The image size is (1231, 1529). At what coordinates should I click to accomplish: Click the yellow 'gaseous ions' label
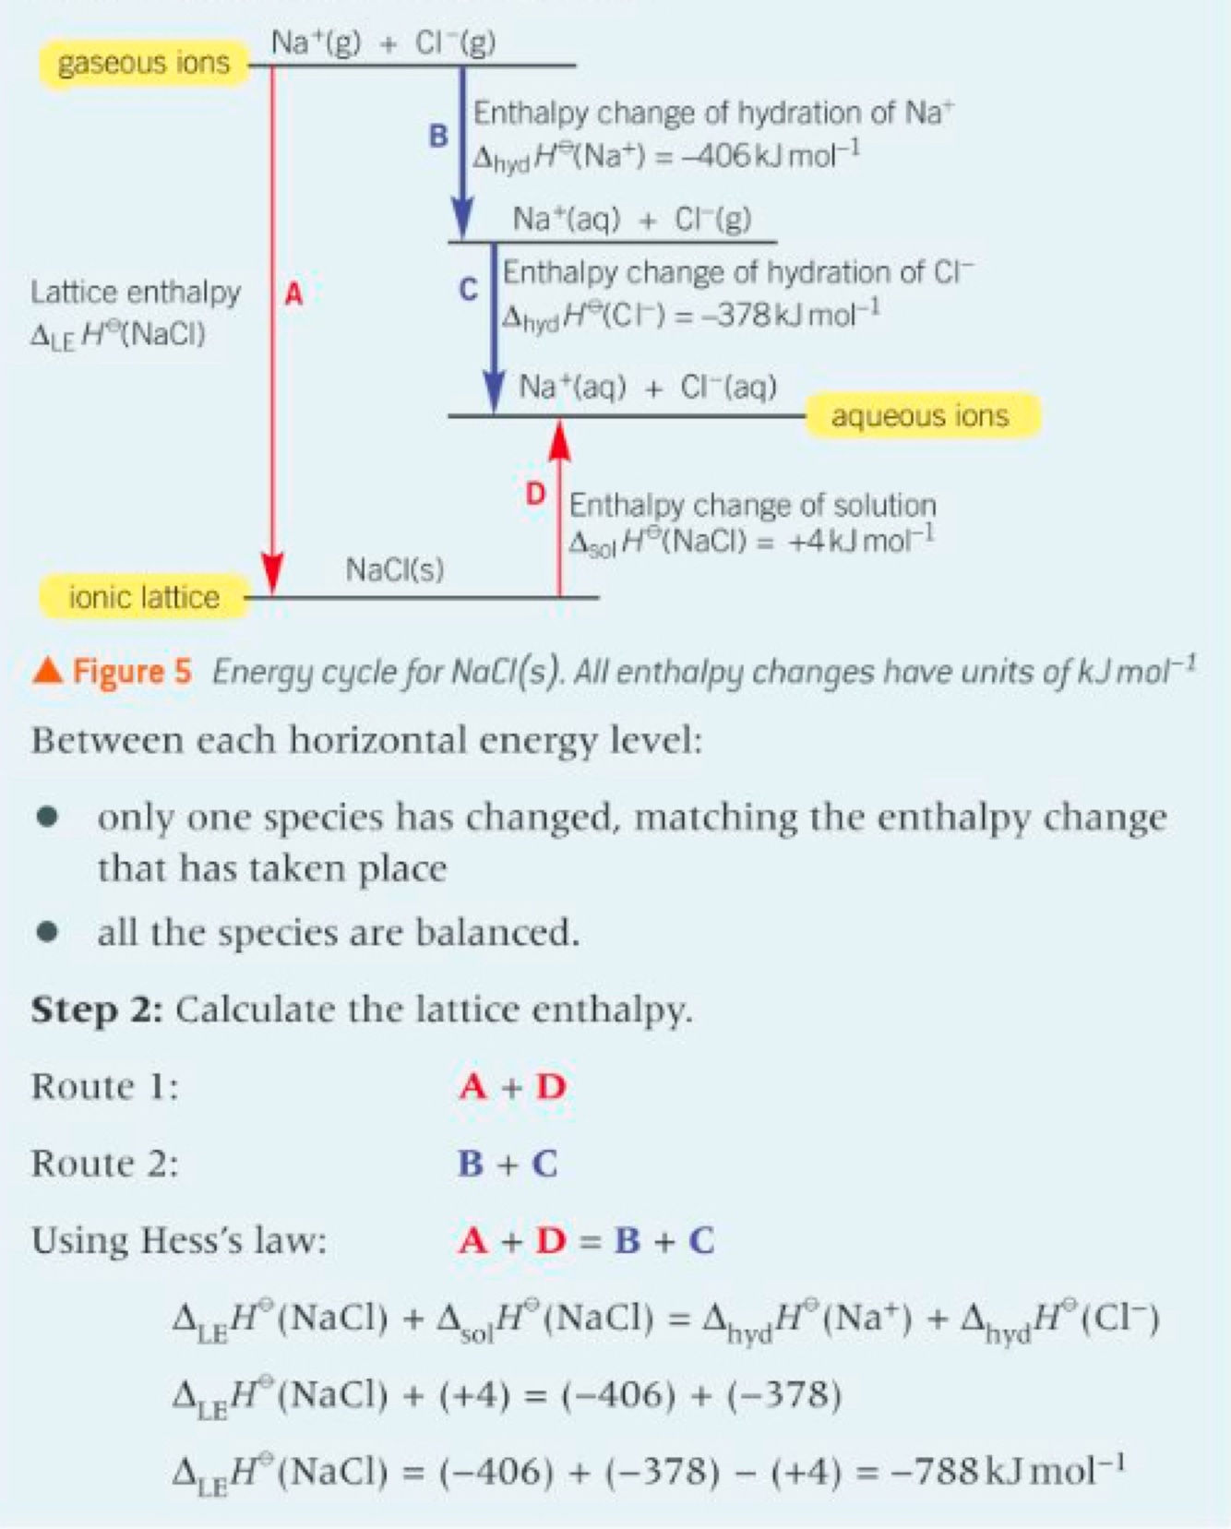pyautogui.click(x=143, y=63)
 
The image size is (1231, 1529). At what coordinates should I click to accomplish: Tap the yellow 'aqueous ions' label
pyautogui.click(x=922, y=415)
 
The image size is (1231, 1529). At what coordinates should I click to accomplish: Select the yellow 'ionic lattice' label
pyautogui.click(x=144, y=597)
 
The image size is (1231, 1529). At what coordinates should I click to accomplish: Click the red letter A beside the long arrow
pyautogui.click(x=293, y=294)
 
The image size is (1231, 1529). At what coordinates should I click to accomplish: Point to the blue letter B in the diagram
pyautogui.click(x=438, y=137)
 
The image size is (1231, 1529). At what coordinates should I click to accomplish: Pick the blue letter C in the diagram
pyautogui.click(x=469, y=290)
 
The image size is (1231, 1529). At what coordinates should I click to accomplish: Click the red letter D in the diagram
pyautogui.click(x=535, y=495)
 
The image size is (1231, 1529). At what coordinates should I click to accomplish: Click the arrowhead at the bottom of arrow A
pyautogui.click(x=272, y=574)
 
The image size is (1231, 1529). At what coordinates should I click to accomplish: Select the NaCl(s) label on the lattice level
pyautogui.click(x=395, y=569)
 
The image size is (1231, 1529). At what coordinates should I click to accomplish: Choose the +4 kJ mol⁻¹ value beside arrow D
pyautogui.click(x=860, y=540)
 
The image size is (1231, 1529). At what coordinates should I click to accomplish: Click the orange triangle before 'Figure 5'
pyautogui.click(x=47, y=671)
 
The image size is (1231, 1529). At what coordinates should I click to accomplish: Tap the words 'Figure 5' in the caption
pyautogui.click(x=132, y=671)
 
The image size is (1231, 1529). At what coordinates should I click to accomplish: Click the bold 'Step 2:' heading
pyautogui.click(x=97, y=1009)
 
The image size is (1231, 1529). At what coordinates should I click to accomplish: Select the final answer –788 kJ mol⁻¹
pyautogui.click(x=1007, y=1470)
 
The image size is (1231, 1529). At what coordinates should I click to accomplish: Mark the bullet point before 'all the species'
pyautogui.click(x=48, y=932)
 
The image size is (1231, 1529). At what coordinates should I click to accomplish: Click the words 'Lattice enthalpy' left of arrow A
pyautogui.click(x=136, y=293)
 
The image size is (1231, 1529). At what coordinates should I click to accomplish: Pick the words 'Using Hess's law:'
pyautogui.click(x=179, y=1240)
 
